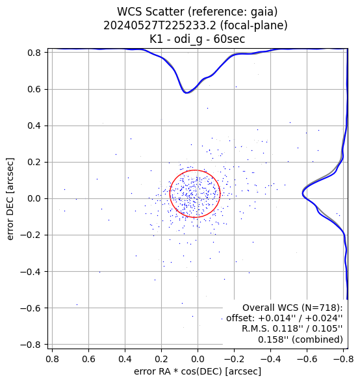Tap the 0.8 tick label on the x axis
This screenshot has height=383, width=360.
[x=52, y=359]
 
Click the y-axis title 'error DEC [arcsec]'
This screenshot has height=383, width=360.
[x=10, y=198]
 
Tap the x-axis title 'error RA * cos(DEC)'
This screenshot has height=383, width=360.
[x=178, y=371]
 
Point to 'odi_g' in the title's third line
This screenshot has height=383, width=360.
[x=188, y=39]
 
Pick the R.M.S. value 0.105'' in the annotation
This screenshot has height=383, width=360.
[x=328, y=329]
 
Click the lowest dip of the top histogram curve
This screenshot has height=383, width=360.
[x=186, y=93]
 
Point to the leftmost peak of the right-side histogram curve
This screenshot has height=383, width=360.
[x=303, y=194]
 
